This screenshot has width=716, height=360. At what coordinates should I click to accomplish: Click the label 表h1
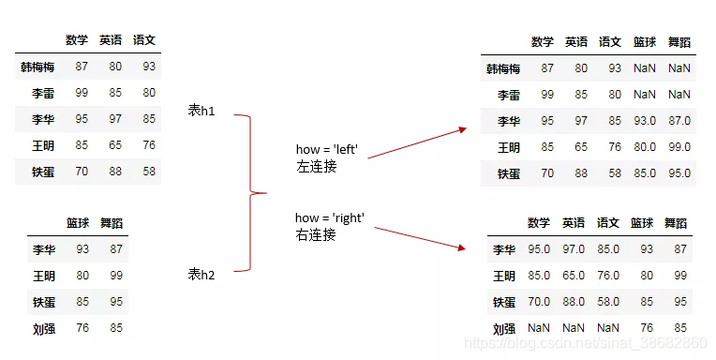[201, 111]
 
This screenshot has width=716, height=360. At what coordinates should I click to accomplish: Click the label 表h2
[201, 274]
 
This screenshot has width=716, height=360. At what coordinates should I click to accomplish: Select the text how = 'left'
[329, 149]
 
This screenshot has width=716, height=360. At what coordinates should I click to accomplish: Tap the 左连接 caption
[316, 165]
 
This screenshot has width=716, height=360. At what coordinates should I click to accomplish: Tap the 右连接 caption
[316, 235]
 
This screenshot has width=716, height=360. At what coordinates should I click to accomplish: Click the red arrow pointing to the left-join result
[416, 142]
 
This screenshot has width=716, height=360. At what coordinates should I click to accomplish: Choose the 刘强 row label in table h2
[42, 329]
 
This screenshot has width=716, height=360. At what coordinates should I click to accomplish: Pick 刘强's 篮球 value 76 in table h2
[82, 329]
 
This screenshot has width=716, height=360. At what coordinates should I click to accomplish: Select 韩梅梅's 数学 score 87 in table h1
[81, 67]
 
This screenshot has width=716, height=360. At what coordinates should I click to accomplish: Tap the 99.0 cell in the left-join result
[678, 147]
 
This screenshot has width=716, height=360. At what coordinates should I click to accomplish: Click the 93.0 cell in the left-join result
[644, 121]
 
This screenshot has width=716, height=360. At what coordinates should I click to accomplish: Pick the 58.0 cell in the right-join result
[608, 302]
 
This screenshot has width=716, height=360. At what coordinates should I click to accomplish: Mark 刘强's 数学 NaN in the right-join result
[539, 328]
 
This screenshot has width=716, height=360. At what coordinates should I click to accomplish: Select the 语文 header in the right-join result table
[608, 223]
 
